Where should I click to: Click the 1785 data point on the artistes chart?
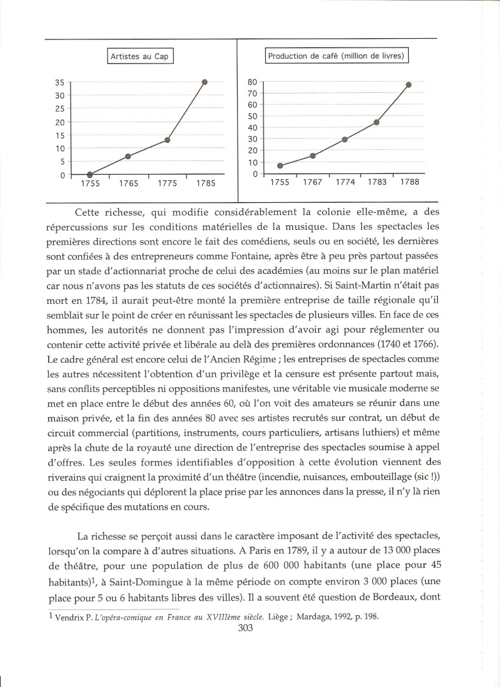pyautogui.click(x=205, y=82)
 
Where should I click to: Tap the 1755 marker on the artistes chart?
pyautogui.click(x=90, y=175)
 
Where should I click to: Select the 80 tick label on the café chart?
pyautogui.click(x=252, y=82)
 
